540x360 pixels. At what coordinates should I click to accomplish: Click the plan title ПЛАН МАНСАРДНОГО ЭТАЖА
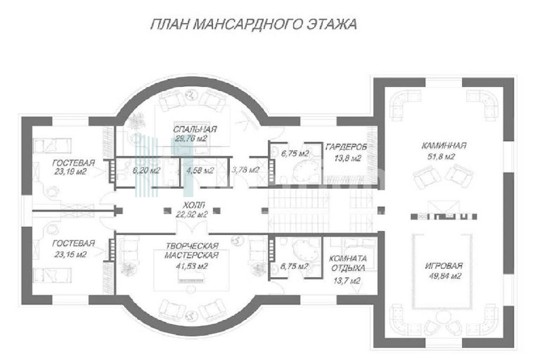pos(254,24)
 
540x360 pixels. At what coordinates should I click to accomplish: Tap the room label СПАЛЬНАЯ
pos(195,130)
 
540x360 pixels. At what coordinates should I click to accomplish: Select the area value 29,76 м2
pos(189,139)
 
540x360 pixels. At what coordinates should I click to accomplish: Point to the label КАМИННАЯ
pos(444,145)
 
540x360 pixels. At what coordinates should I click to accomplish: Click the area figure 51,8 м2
pos(440,157)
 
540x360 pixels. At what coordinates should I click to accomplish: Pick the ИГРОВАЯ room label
pos(443,266)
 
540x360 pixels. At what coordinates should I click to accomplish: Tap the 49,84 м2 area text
pos(445,276)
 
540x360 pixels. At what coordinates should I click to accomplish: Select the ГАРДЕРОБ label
pos(346,147)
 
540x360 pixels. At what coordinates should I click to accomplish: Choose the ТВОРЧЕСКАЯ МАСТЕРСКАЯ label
pos(192,250)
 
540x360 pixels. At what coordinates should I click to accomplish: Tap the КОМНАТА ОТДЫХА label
pos(348,263)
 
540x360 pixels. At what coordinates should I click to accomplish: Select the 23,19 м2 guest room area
pos(70,171)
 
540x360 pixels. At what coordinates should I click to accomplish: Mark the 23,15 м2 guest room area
pos(70,255)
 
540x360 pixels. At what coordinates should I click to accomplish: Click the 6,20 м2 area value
pos(146,170)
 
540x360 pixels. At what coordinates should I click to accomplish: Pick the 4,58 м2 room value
pos(200,170)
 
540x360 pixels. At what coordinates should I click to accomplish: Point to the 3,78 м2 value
pos(246,170)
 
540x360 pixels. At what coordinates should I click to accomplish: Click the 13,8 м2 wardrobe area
pos(348,158)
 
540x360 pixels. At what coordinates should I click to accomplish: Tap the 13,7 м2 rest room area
pos(347,281)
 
